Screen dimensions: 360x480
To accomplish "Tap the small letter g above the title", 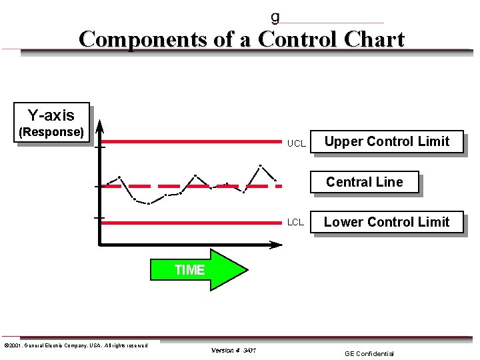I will point(275,17).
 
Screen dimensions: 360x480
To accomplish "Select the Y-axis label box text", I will point(51,115).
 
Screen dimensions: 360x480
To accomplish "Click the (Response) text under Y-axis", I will point(51,132).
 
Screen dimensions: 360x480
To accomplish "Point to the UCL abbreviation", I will point(296,143).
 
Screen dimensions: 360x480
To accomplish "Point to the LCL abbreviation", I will point(295,222).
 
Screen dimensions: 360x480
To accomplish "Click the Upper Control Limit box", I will point(387,141).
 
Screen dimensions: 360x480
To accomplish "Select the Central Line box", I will point(365,182).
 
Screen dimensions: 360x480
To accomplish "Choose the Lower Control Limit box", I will point(387,222).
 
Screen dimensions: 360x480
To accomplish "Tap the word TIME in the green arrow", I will point(189,270).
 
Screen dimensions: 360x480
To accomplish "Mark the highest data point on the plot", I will point(260,165).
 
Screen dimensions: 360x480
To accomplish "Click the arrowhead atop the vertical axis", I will point(99,125).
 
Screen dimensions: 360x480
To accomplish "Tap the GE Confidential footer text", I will point(369,353).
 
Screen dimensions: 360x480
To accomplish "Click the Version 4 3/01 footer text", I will point(233,350).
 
